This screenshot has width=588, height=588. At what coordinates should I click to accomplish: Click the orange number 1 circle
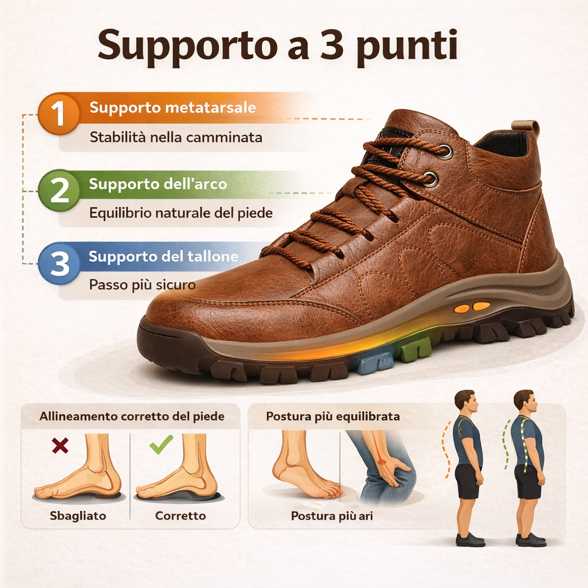59,114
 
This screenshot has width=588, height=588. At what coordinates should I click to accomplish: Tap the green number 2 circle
59,191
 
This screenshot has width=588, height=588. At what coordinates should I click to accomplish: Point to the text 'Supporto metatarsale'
173,108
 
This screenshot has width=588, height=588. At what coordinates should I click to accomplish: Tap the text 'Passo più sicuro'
142,285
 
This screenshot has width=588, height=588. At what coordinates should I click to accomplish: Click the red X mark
60,445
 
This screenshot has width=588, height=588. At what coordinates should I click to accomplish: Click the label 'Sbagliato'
78,516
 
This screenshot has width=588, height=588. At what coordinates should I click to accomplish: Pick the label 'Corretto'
180,516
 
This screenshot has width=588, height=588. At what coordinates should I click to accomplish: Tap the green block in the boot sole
415,350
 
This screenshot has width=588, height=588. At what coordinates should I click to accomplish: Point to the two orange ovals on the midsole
472,307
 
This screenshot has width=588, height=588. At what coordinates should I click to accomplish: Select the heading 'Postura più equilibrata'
333,416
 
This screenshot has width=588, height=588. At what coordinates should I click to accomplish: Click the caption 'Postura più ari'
332,516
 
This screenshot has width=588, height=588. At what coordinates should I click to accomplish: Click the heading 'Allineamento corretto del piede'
131,416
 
